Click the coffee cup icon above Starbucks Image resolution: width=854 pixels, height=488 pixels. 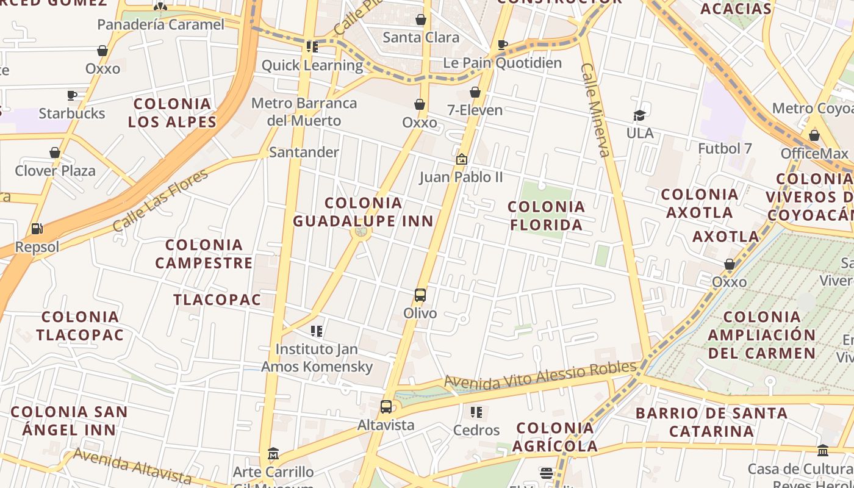point(71,95)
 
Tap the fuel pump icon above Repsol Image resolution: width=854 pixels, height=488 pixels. point(37,229)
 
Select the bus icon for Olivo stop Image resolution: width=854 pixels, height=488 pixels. point(420,295)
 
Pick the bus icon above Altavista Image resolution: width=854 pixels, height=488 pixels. point(386,407)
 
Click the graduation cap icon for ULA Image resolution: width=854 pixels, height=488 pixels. point(639,115)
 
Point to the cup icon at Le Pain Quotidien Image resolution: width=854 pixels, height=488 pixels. point(502,45)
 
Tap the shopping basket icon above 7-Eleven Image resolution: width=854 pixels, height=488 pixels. point(475,92)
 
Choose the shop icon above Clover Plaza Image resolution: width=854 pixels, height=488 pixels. point(55,152)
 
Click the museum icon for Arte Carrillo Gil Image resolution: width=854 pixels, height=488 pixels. point(273,454)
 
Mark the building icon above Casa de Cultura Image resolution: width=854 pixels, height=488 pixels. point(822,451)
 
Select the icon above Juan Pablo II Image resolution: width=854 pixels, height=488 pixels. point(461,159)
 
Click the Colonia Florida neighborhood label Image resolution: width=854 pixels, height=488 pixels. point(546,216)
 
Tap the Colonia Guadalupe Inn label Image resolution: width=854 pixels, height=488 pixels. point(363,212)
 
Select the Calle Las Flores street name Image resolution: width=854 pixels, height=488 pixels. point(160,201)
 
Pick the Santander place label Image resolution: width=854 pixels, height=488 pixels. point(304,152)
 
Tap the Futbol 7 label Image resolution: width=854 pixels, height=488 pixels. point(725,148)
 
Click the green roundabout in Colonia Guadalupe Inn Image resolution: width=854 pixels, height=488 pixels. point(361,232)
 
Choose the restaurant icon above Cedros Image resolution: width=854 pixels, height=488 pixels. point(476,412)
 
